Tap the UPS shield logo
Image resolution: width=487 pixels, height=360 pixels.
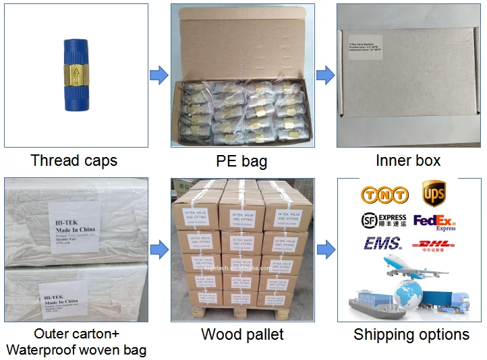(434, 193)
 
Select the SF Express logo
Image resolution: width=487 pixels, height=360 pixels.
(384, 221)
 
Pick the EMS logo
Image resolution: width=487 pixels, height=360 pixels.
(382, 243)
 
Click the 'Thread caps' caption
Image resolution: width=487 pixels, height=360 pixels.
(74, 160)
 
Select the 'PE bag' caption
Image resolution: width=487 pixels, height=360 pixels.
(241, 161)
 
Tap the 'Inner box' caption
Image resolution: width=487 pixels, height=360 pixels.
(408, 160)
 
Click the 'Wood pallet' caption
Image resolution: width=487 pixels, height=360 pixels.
(242, 334)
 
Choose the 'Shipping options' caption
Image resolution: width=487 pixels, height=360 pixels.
(411, 334)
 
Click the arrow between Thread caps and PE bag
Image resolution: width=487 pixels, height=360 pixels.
(159, 75)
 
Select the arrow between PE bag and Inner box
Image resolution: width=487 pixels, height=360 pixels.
(326, 75)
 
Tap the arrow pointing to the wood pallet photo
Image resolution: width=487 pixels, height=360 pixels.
(159, 249)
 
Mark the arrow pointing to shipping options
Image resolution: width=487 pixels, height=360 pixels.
(326, 249)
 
